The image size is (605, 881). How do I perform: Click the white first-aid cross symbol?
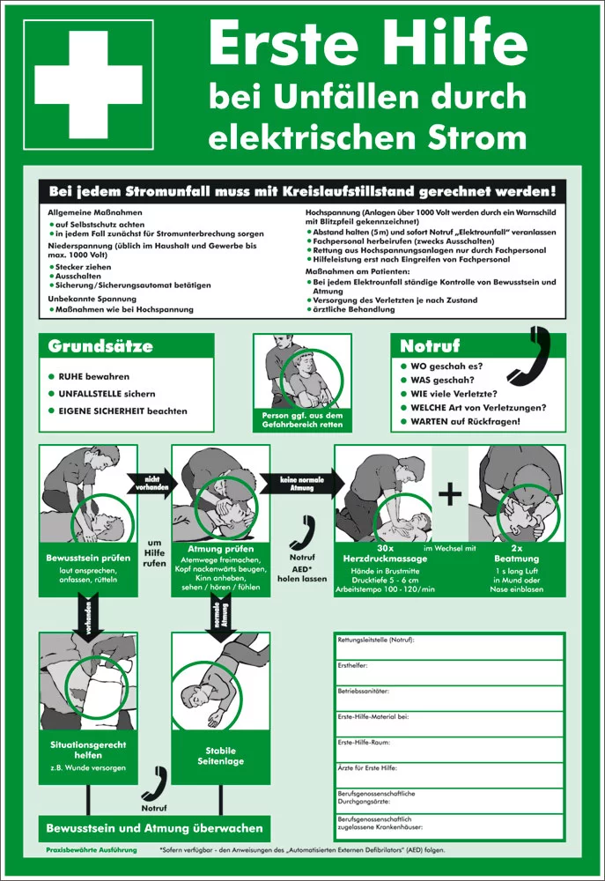(88, 85)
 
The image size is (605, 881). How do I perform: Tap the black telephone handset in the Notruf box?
(529, 355)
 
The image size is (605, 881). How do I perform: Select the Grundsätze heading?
(100, 346)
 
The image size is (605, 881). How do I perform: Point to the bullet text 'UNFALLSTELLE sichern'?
(107, 394)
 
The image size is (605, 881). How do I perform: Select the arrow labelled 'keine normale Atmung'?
(302, 484)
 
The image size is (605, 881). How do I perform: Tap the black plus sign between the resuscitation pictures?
(450, 494)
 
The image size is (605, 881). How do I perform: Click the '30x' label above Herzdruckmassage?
(386, 548)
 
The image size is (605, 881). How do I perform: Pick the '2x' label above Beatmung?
(516, 548)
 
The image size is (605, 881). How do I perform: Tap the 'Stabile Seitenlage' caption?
(221, 756)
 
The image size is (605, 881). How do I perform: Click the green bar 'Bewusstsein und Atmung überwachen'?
(154, 828)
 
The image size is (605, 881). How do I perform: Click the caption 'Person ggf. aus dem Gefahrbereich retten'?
(302, 419)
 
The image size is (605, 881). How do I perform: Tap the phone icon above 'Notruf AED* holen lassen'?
(303, 533)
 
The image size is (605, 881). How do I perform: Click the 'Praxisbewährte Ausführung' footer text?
(92, 850)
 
